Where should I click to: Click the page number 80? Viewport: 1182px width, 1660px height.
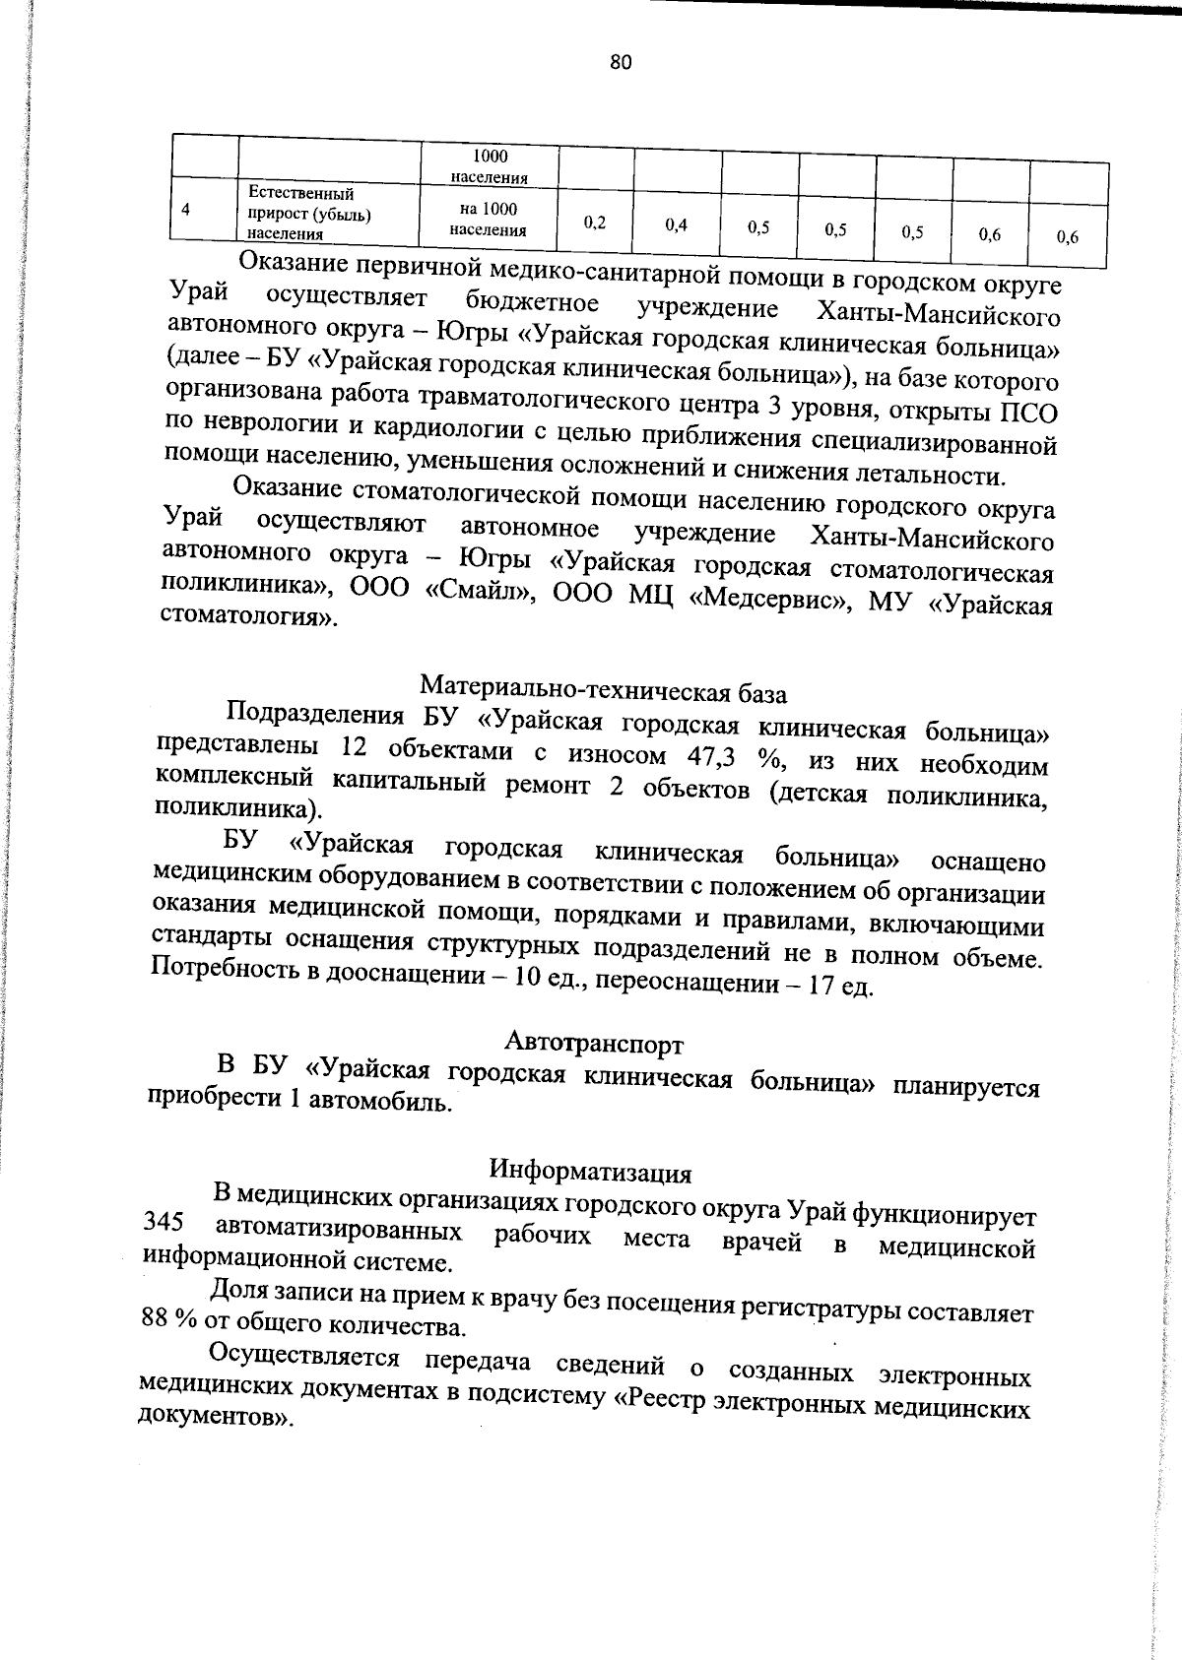[x=621, y=63]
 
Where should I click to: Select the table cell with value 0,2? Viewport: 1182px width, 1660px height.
[x=594, y=223]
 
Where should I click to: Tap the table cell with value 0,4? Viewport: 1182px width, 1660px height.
[x=676, y=224]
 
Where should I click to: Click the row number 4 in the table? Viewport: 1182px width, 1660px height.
[x=186, y=209]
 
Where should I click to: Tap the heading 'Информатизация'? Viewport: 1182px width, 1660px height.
[x=591, y=1173]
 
